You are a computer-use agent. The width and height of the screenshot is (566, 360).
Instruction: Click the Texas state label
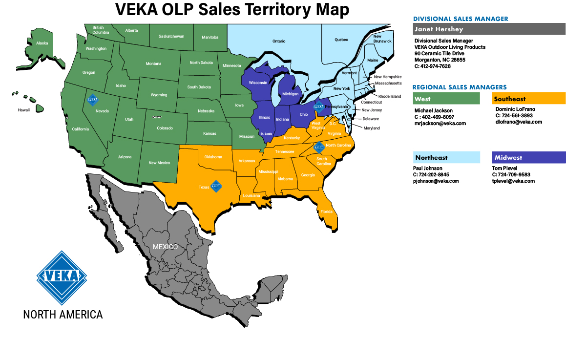pyautogui.click(x=204, y=187)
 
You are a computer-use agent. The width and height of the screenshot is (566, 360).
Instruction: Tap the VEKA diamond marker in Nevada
pyautogui.click(x=92, y=99)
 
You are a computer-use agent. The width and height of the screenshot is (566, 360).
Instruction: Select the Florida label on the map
pyautogui.click(x=326, y=212)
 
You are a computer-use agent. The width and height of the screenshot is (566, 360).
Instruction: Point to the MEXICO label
pyautogui.click(x=165, y=247)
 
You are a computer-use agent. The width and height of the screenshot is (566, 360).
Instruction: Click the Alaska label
pyautogui.click(x=42, y=43)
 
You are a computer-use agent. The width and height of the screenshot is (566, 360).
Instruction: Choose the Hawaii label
pyautogui.click(x=24, y=110)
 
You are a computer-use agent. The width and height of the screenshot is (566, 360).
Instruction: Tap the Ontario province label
pyautogui.click(x=279, y=42)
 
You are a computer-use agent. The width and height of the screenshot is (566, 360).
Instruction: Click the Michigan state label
pyautogui.click(x=290, y=94)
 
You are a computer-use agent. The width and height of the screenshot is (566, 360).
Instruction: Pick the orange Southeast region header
pyautogui.click(x=529, y=99)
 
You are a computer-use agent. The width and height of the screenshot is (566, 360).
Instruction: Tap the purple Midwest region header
pyautogui.click(x=529, y=158)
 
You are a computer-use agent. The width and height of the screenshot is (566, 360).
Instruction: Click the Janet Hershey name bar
pyautogui.click(x=489, y=29)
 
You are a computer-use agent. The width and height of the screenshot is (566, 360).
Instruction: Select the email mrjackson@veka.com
pyautogui.click(x=440, y=124)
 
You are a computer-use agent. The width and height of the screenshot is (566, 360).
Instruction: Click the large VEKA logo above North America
pyautogui.click(x=62, y=277)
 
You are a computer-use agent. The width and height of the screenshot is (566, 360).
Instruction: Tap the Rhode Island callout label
pyautogui.click(x=389, y=97)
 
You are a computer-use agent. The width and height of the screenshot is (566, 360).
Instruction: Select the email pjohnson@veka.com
pyautogui.click(x=436, y=181)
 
